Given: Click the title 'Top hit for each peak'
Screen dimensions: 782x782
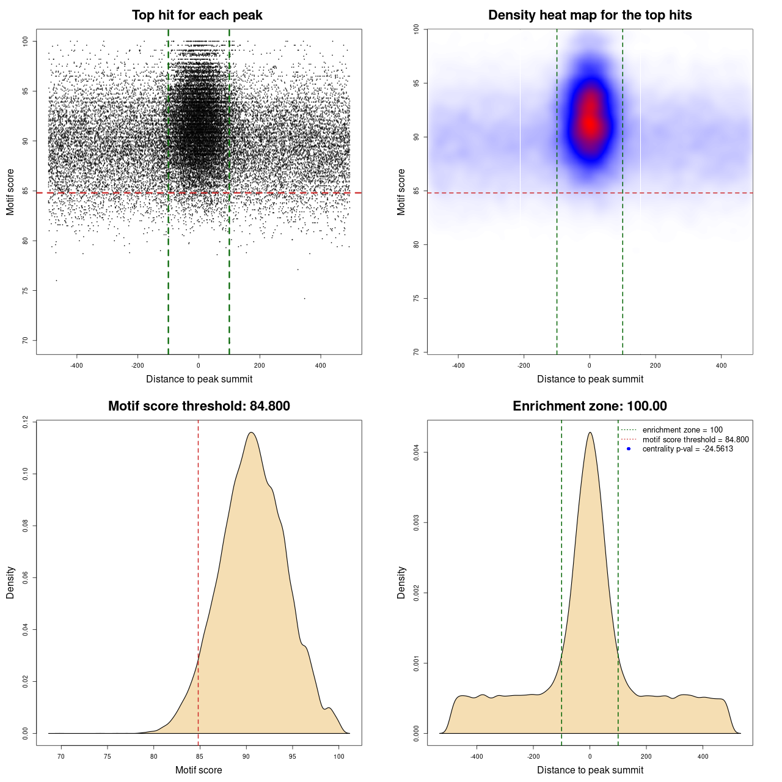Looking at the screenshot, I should point(197,15).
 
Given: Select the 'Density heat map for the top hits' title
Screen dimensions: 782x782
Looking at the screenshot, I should point(590,15).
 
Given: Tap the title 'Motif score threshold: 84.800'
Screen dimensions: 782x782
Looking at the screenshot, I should point(199,406).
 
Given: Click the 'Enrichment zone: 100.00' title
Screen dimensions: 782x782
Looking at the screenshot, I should point(590,406).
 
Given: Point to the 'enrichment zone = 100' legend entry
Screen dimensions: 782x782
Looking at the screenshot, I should point(682,430).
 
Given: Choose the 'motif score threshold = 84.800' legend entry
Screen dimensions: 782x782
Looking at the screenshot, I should point(695,440).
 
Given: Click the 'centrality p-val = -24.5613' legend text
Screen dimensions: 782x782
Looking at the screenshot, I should point(687,449).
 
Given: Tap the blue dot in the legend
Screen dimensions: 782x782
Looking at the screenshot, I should point(629,449).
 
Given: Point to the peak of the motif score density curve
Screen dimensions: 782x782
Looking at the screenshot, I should point(250,433).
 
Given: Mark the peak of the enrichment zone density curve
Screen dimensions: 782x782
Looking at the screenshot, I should point(590,433).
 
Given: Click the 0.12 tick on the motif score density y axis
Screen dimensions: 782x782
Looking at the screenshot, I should point(25,422).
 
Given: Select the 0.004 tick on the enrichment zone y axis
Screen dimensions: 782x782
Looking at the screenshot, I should point(416,453).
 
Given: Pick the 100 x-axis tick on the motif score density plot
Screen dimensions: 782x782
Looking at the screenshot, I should point(339,756).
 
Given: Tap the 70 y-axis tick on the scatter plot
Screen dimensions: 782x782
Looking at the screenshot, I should point(25,340).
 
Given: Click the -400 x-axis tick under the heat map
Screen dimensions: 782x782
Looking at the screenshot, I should point(458,365).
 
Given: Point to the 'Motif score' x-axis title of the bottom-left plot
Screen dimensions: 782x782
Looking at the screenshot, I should point(199,770).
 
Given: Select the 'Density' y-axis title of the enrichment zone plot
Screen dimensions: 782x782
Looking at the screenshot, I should point(401,582).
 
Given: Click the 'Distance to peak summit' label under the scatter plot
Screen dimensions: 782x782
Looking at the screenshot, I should point(199,379).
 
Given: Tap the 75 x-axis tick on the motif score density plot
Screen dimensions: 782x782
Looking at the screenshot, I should point(108,756).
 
